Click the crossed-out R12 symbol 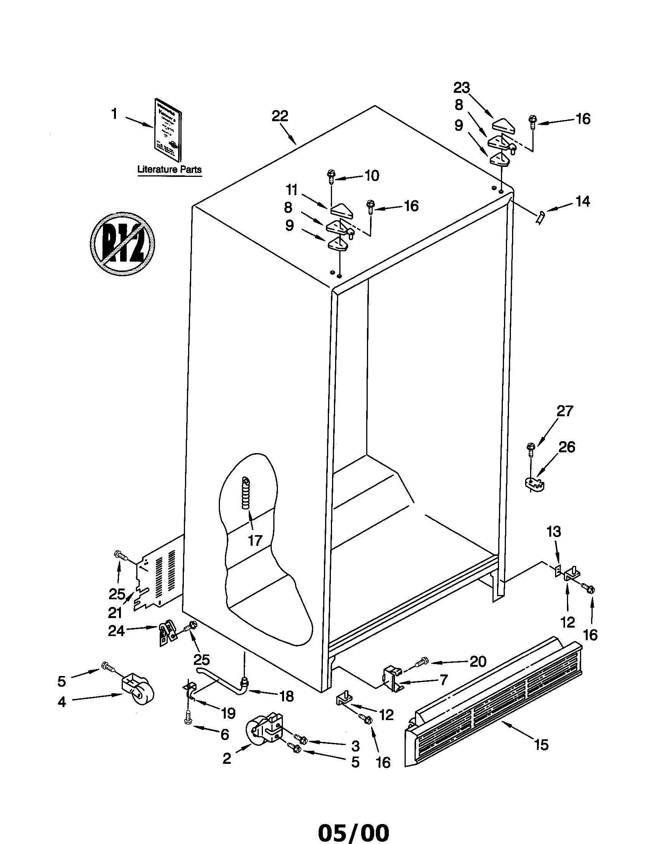pyautogui.click(x=122, y=244)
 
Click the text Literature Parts pyautogui.click(x=169, y=169)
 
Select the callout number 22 pyautogui.click(x=279, y=116)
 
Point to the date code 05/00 pyautogui.click(x=354, y=831)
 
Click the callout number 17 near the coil pyautogui.click(x=255, y=540)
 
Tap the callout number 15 pyautogui.click(x=541, y=744)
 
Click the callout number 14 pyautogui.click(x=583, y=201)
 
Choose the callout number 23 pyautogui.click(x=461, y=88)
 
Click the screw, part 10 pyautogui.click(x=331, y=176)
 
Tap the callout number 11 pyautogui.click(x=291, y=190)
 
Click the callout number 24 pyautogui.click(x=116, y=631)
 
